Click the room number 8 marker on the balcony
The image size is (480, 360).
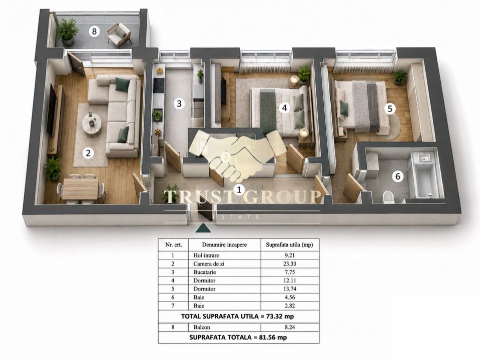click(x=94, y=31)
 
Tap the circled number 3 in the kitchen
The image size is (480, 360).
click(x=179, y=103)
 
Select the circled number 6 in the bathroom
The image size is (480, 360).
click(x=397, y=176)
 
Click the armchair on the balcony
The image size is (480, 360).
click(x=120, y=35)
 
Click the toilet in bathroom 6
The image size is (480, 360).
click(x=388, y=197)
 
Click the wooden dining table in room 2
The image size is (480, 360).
click(x=80, y=188)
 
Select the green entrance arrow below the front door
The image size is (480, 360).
click(x=202, y=228)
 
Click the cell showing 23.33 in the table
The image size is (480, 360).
click(x=290, y=263)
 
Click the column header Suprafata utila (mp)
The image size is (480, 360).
click(x=290, y=244)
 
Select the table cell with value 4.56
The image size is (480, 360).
click(x=290, y=297)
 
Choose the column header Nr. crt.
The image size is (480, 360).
click(x=173, y=244)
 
